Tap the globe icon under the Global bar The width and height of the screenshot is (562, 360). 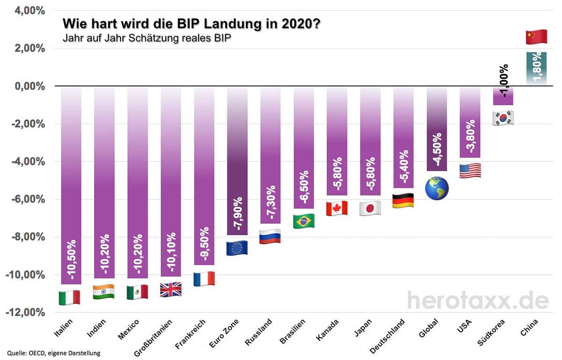[x=436, y=188]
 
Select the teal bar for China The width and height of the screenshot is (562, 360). [x=536, y=68]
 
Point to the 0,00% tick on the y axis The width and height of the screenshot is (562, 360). [x=31, y=86]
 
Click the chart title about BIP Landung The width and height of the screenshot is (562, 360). [x=192, y=23]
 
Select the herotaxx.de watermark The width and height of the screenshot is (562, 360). [x=477, y=300]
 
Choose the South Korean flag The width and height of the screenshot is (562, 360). [x=503, y=118]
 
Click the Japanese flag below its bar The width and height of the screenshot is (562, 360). [x=370, y=208]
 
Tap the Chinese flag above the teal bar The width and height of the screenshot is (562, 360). [x=536, y=37]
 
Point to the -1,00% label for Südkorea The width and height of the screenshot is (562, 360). [x=504, y=81]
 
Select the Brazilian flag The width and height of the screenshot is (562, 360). [x=303, y=221]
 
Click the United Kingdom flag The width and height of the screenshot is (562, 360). [x=170, y=290]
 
